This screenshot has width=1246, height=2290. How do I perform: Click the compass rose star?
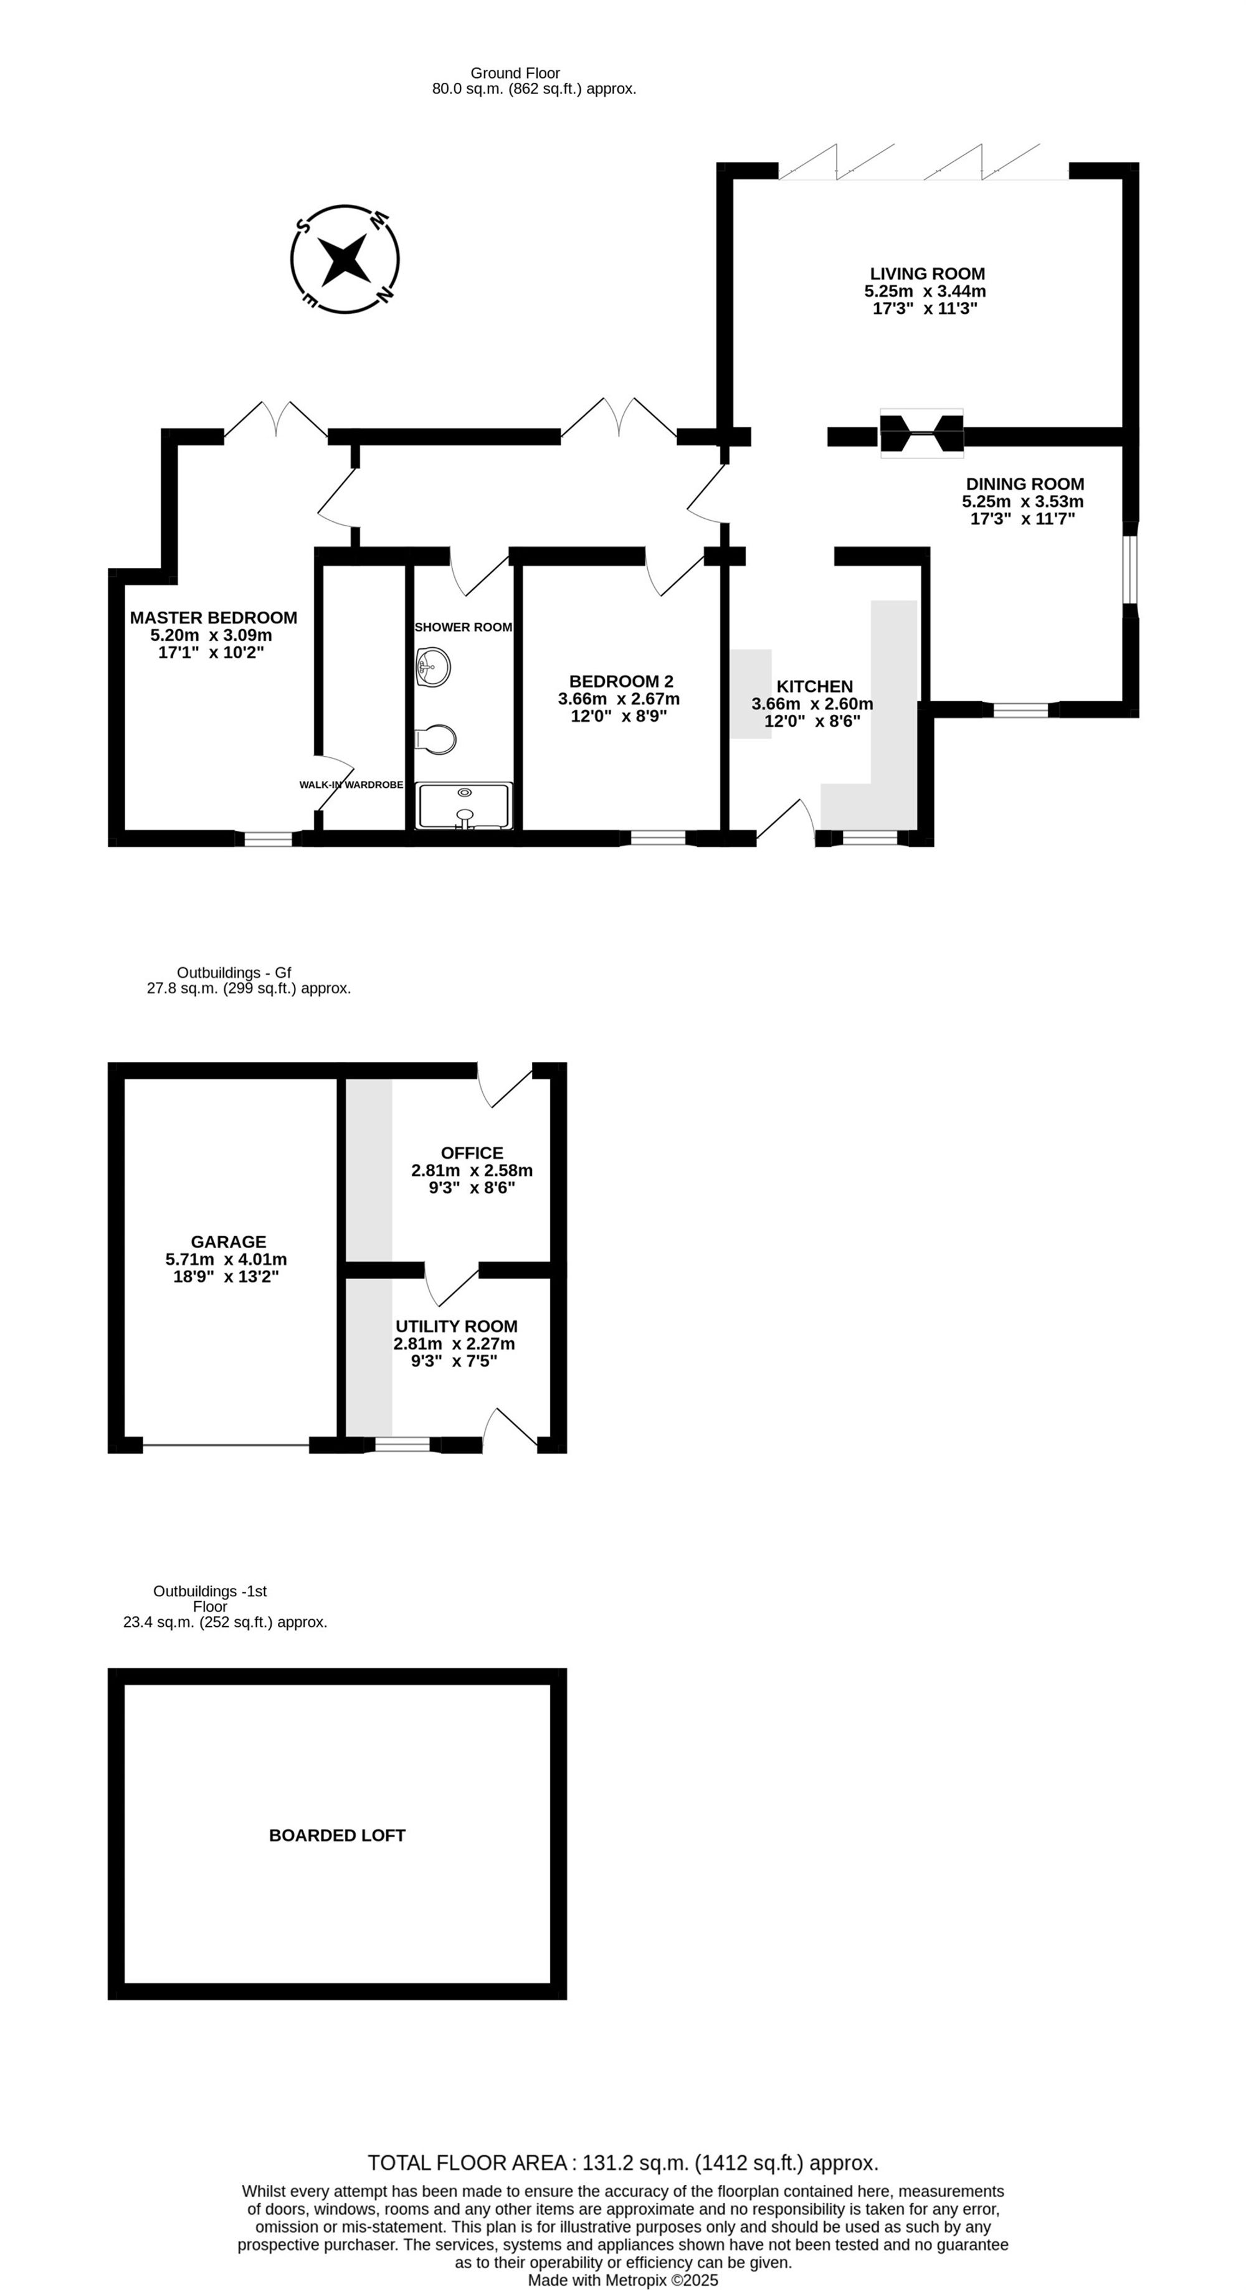(345, 258)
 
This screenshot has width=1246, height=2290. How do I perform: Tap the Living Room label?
(927, 274)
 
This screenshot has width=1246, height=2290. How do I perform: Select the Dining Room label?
(1025, 485)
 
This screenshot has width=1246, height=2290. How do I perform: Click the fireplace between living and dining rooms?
(921, 435)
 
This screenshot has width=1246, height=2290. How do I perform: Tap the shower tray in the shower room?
(464, 805)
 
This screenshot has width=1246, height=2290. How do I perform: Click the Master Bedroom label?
(214, 618)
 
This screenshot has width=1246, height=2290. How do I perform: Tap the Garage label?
(227, 1242)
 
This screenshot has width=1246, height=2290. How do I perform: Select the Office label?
(472, 1153)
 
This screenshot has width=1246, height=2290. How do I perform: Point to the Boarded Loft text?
(337, 1835)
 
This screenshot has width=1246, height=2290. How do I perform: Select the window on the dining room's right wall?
(1130, 569)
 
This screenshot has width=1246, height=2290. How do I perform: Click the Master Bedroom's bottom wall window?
(269, 838)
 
